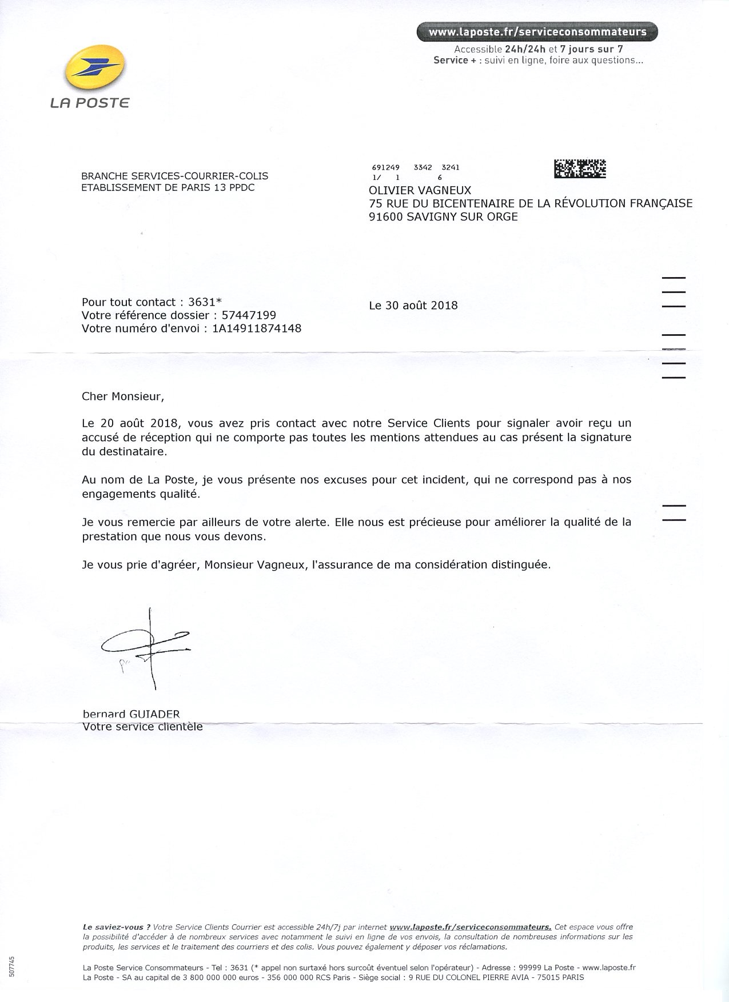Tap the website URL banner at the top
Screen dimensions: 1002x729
537,32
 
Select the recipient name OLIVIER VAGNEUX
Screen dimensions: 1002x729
420,190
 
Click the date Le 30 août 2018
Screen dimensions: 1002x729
413,306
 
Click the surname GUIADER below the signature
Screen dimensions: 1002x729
154,715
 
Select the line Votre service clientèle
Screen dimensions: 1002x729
142,727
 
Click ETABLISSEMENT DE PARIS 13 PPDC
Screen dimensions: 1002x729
168,188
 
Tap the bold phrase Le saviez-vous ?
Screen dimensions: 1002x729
117,927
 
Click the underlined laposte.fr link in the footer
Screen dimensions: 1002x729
470,927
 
